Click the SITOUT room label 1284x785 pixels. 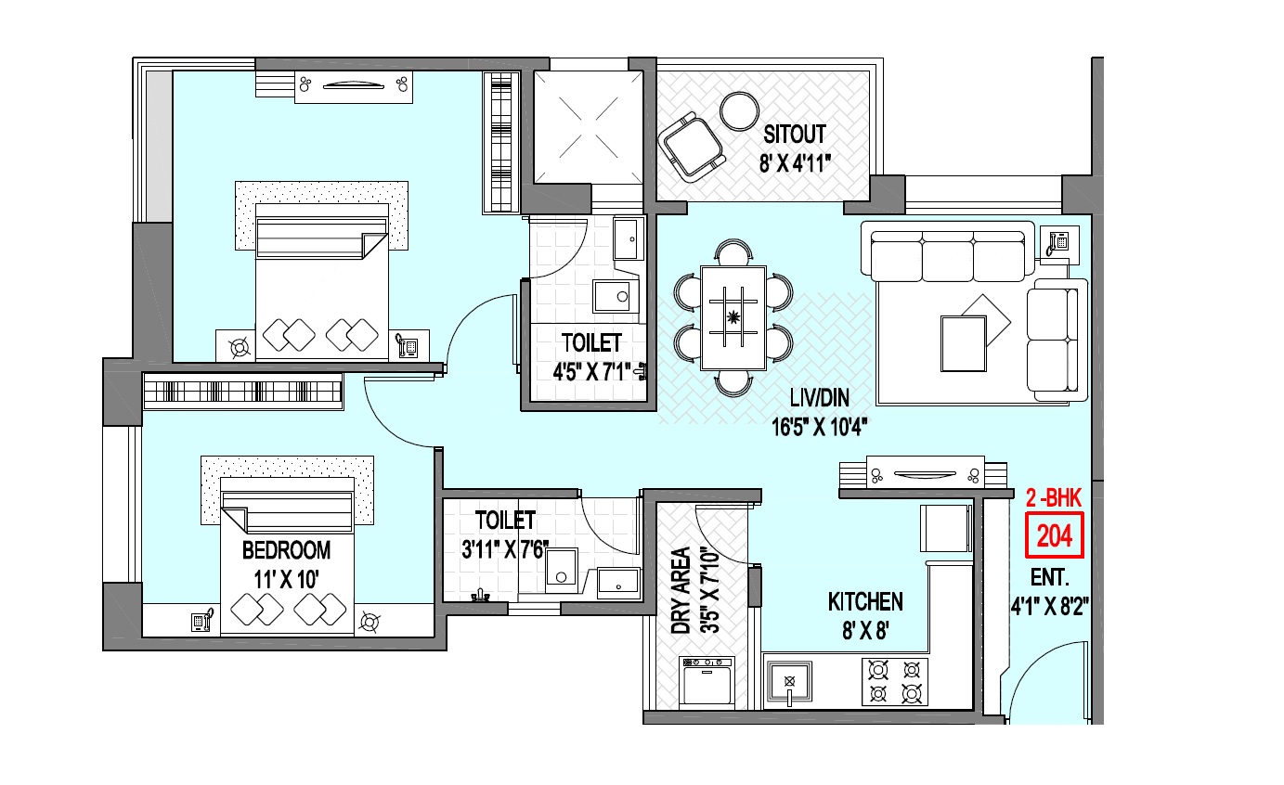(794, 134)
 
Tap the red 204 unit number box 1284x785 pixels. (1054, 535)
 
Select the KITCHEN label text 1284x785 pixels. (865, 601)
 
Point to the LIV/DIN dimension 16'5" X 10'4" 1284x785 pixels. (819, 427)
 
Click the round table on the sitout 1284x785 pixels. (739, 110)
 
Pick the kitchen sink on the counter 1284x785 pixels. (789, 682)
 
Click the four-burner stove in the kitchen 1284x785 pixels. (894, 682)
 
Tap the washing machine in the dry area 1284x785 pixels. (706, 682)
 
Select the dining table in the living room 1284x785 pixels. (733, 317)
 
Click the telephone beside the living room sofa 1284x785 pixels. (1058, 242)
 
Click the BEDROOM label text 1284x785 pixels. (286, 550)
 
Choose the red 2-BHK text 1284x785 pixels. (1054, 498)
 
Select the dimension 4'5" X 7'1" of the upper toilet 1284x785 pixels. (591, 372)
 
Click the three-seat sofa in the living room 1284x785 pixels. (949, 255)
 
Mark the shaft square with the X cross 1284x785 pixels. (589, 127)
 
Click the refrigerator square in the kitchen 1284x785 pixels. (946, 528)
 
